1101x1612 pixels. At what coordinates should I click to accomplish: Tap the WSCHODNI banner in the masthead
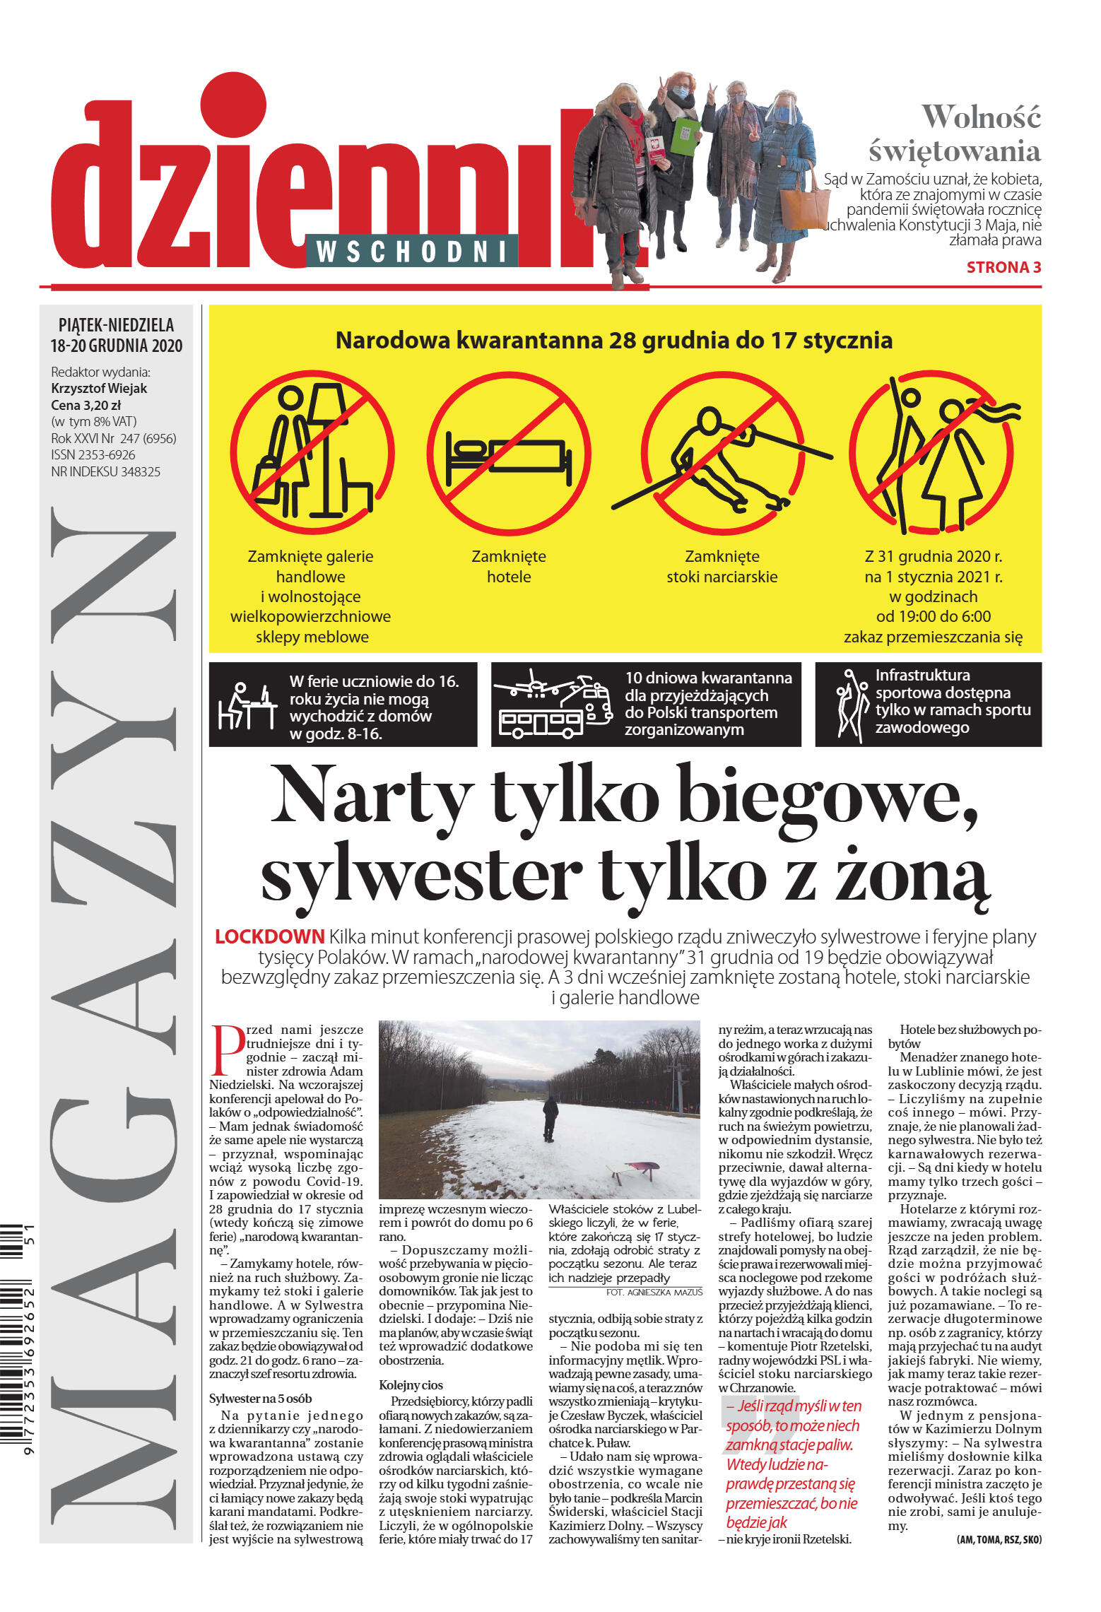[x=412, y=251]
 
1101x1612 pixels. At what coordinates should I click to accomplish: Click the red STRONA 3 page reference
[x=1003, y=267]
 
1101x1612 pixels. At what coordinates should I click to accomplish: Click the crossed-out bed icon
[x=508, y=452]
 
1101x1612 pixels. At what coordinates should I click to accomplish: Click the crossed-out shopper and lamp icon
[x=312, y=452]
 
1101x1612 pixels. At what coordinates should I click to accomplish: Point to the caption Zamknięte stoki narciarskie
[x=722, y=566]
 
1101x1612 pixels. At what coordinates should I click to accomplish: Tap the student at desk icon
[x=245, y=705]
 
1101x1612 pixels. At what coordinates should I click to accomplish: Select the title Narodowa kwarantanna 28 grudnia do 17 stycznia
[x=613, y=340]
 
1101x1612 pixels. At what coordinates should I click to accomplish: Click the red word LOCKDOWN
[x=269, y=936]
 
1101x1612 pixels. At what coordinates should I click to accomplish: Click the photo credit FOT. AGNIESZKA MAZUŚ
[x=654, y=1292]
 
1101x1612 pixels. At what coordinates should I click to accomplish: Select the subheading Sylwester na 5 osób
[x=260, y=1399]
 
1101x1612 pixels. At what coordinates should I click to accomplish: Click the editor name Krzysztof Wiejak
[x=99, y=388]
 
